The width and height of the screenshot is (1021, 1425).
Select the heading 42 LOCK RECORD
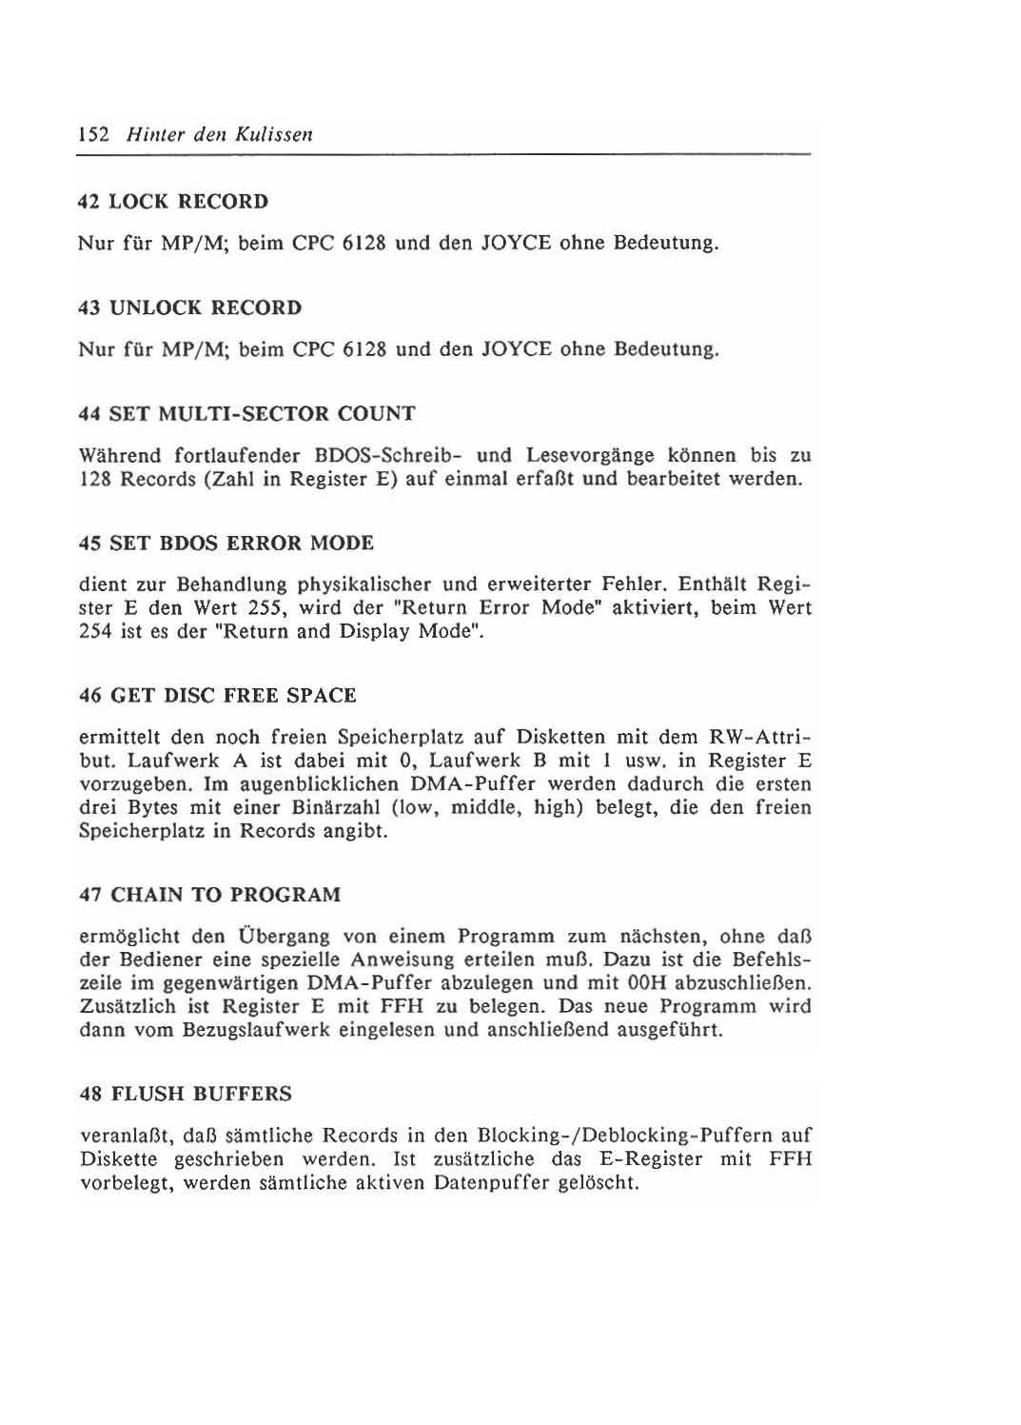173,202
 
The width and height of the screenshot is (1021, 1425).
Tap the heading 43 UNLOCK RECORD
190,307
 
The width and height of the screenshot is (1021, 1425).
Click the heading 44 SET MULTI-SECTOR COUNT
247,414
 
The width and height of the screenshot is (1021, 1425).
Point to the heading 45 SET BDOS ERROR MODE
226,544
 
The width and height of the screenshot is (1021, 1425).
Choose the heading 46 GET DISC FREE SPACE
218,696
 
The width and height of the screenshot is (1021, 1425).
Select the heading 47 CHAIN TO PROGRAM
209,896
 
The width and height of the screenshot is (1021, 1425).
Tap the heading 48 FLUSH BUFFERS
186,1095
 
